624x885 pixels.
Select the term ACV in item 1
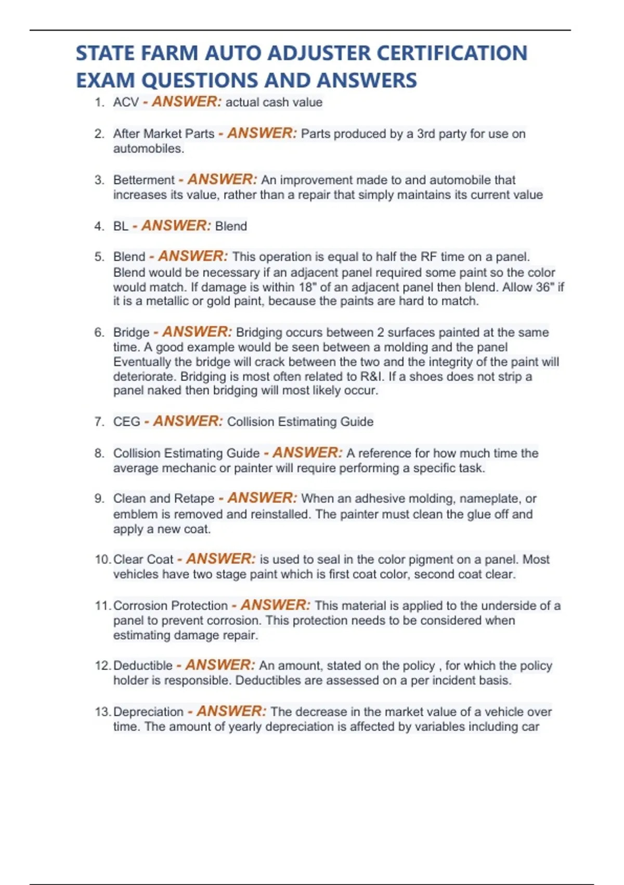[x=126, y=102]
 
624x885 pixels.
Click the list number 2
[x=99, y=134]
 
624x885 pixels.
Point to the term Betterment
[x=144, y=180]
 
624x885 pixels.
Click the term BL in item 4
[x=121, y=226]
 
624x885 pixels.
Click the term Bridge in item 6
[x=131, y=332]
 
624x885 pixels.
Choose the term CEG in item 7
[x=127, y=422]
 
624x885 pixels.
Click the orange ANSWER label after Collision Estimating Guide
[x=307, y=452]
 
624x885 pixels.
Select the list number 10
[x=102, y=560]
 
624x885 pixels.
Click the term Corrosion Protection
[x=170, y=605]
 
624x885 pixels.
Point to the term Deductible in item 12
[x=142, y=665]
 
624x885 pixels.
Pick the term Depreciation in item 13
[x=148, y=712]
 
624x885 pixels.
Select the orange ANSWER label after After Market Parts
[x=262, y=133]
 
